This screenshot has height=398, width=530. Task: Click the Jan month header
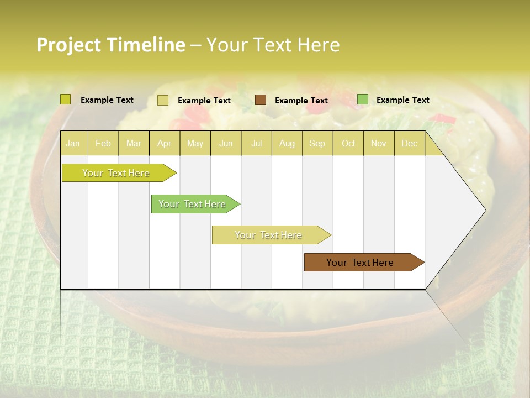(73, 143)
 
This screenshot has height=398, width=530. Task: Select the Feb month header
(103, 143)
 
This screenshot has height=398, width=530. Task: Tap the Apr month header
(164, 143)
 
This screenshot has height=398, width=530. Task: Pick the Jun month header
(226, 143)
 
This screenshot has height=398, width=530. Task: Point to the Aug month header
(287, 143)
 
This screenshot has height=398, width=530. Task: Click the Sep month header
(317, 143)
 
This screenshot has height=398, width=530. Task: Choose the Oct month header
(348, 143)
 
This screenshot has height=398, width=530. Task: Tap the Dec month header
(409, 143)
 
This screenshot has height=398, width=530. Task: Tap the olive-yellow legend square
(66, 99)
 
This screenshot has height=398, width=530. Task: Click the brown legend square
(261, 100)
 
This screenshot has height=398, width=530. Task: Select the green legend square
(363, 99)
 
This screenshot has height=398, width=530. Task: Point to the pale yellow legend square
(163, 100)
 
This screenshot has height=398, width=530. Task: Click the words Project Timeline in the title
(111, 45)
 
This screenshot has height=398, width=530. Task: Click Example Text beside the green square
(402, 100)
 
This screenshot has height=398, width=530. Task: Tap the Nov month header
(378, 143)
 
